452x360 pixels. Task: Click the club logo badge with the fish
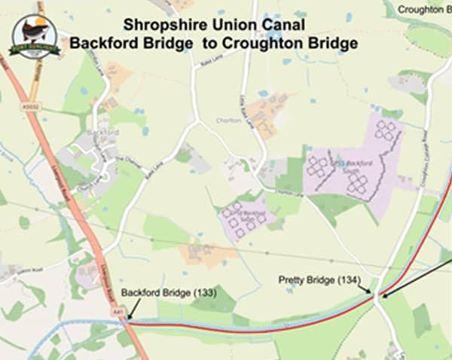click(34, 36)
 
